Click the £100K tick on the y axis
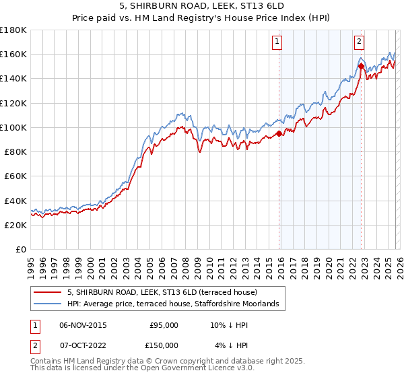point(14,127)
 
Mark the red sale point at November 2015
point(279,133)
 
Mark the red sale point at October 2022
point(362,66)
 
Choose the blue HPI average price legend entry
point(176,305)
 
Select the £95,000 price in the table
point(164,325)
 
